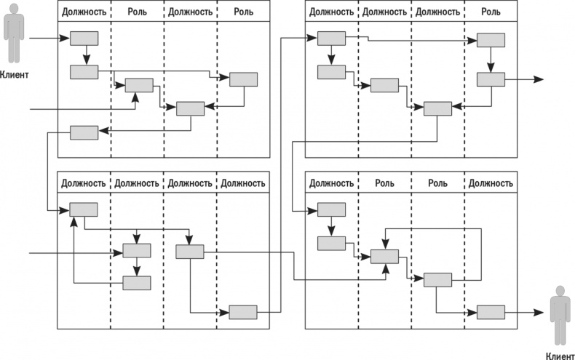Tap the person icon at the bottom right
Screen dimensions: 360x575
pos(559,315)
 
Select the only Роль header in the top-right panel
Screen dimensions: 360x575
pos(491,12)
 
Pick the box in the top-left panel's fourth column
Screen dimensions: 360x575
pos(244,79)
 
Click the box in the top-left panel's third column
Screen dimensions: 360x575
pos(191,108)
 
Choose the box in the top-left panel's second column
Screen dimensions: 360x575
pos(139,85)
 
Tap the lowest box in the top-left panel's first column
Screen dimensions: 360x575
pos(84,132)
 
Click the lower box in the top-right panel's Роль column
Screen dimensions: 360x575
pos(491,79)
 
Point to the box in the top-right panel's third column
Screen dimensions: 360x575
pos(437,108)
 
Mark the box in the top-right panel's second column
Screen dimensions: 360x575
pos(385,85)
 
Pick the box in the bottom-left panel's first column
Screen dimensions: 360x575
pos(84,209)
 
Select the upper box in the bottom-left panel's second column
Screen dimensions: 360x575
pos(137,251)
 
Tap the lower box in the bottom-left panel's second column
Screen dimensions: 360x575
pos(137,283)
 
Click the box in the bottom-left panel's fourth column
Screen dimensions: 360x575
pos(243,311)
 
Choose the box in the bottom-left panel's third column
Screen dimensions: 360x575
pos(190,251)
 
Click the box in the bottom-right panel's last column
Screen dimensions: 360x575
pos(491,311)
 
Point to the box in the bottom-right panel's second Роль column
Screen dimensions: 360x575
pos(437,279)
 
